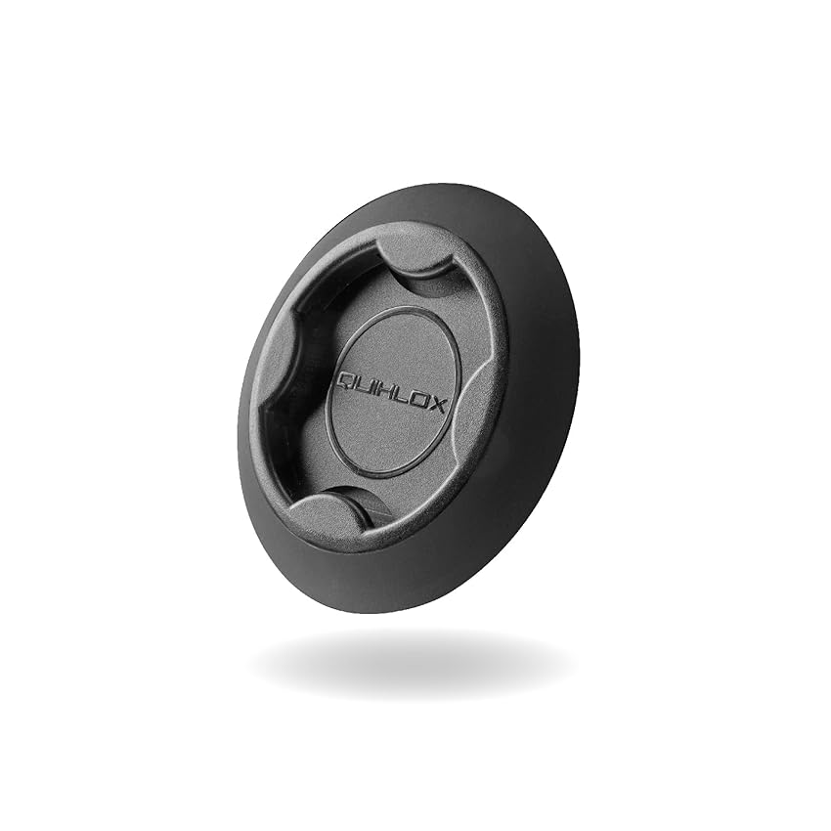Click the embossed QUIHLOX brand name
(391, 392)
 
